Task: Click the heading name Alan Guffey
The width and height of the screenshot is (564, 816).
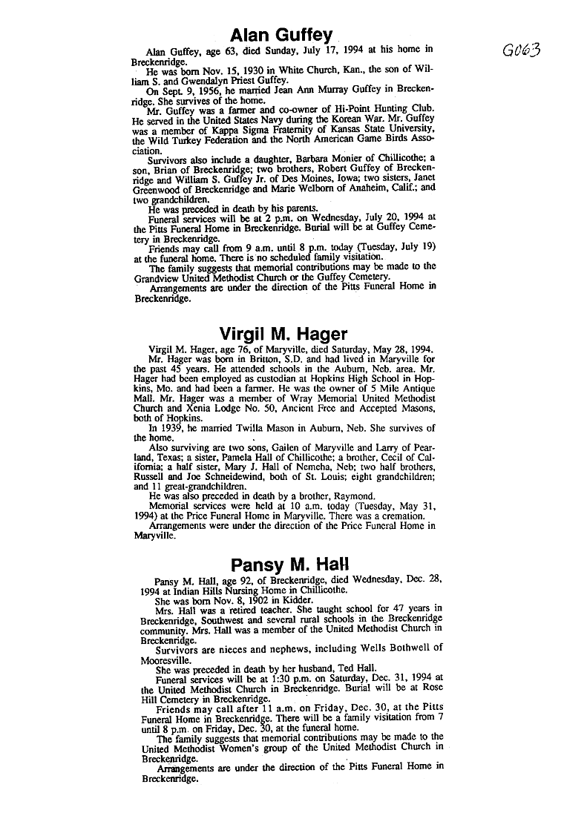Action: [281, 35]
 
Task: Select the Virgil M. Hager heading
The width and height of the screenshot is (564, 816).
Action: [283, 334]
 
